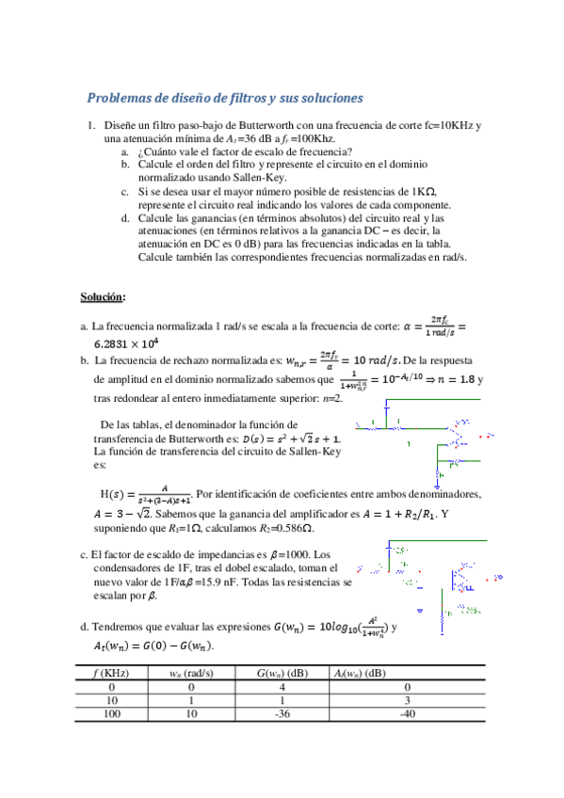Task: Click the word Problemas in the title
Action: coord(118,98)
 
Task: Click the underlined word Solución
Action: coord(102,297)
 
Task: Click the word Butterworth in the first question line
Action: coord(239,125)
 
